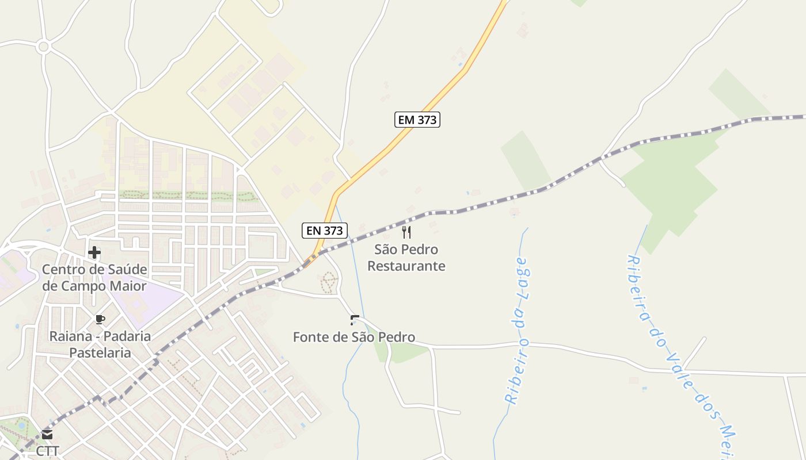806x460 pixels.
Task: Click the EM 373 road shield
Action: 417,120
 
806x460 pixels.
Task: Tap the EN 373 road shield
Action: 325,231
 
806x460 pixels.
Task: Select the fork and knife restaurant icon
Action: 406,232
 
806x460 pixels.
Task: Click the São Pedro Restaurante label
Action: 406,258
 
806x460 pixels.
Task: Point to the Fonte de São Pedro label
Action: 354,337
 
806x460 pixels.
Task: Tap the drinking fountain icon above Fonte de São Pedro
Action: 355,320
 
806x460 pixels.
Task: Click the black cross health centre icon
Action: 94,252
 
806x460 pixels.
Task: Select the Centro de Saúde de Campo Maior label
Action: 94,278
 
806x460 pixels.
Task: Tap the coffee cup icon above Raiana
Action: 100,320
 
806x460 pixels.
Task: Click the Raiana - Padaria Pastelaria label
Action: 100,344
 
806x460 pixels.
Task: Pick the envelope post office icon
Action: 47,435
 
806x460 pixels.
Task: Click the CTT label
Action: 47,451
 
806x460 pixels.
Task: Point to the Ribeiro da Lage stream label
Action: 517,331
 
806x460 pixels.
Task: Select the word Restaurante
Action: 406,266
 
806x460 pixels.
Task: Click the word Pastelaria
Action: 100,352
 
